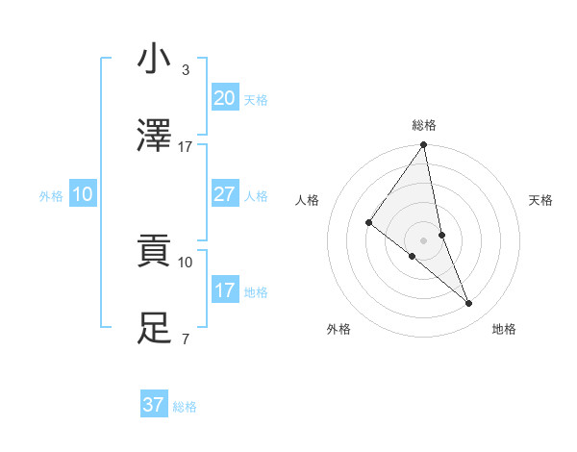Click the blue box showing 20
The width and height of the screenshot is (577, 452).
(x=224, y=98)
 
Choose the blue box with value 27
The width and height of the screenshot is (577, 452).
(x=224, y=194)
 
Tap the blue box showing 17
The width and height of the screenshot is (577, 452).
(x=224, y=290)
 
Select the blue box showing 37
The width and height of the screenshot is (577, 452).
(x=153, y=405)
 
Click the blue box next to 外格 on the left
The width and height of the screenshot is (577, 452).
(x=83, y=194)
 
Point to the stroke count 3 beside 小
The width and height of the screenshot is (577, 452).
(x=185, y=70)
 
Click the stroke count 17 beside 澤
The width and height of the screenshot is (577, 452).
(x=186, y=147)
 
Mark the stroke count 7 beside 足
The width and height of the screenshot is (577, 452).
(x=185, y=339)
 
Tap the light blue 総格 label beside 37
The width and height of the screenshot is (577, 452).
(x=185, y=407)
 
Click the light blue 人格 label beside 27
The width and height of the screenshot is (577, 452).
(x=256, y=196)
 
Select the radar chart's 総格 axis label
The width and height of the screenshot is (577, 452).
(x=424, y=125)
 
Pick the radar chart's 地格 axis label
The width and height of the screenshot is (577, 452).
(x=504, y=330)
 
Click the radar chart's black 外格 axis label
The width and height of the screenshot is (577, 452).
(x=339, y=330)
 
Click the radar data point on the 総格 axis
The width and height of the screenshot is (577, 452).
(x=423, y=146)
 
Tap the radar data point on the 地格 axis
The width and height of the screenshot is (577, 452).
(x=469, y=304)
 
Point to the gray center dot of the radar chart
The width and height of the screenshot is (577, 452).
(x=423, y=239)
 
